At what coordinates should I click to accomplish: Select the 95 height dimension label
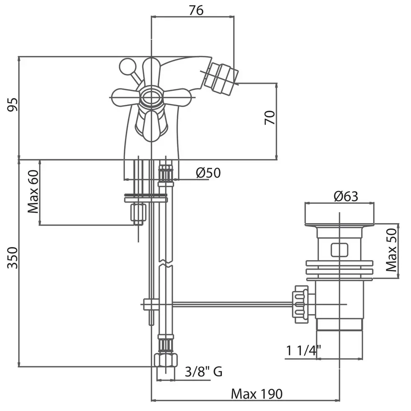13,105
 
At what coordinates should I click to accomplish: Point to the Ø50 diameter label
208,173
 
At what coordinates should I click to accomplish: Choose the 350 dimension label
13,258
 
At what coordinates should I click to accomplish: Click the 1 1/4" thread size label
304,351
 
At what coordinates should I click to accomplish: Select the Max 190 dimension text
257,394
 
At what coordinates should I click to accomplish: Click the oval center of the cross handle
151,97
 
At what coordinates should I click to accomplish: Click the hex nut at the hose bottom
166,361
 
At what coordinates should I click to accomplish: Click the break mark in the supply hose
165,263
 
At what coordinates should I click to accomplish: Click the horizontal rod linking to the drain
230,305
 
